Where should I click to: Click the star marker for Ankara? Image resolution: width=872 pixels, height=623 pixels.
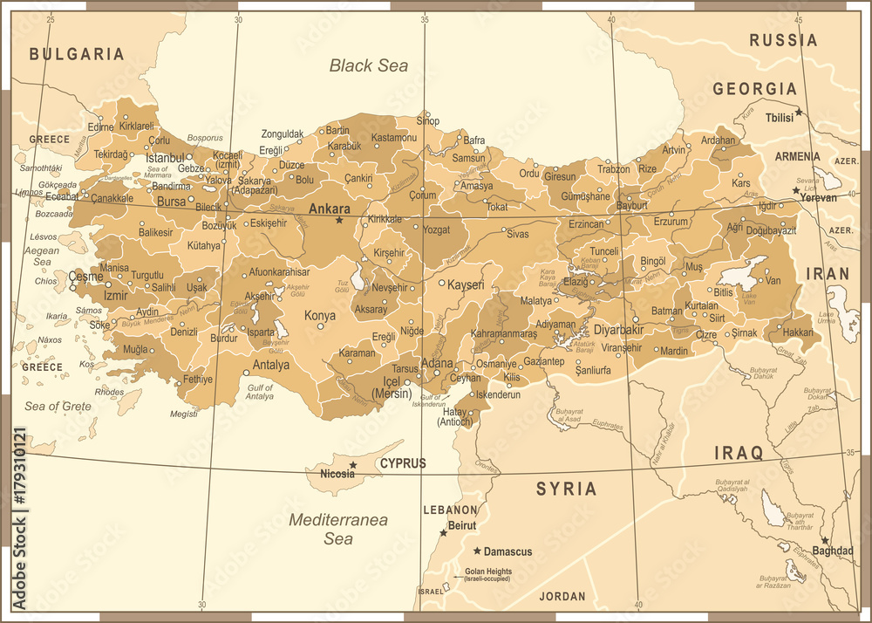[x=339, y=220]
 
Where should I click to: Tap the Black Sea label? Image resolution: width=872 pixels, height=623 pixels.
[x=369, y=65]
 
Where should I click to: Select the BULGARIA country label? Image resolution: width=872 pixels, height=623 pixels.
[x=77, y=54]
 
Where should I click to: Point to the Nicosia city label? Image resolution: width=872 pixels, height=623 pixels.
[x=338, y=475]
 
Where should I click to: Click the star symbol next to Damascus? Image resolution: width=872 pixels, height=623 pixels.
[x=477, y=551]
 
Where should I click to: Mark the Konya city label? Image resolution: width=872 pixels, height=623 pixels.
[x=319, y=315]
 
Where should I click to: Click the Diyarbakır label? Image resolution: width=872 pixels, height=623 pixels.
[x=618, y=329]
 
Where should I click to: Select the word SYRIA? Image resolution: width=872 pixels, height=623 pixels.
[x=566, y=489]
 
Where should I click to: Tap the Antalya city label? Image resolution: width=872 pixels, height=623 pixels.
[x=271, y=365]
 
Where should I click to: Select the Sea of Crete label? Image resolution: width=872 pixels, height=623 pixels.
[x=58, y=406]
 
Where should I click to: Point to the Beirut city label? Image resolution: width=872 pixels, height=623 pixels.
[x=461, y=525]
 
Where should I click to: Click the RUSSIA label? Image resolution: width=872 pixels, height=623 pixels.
[x=783, y=40]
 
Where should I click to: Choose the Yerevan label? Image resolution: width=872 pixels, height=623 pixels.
[x=820, y=197]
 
